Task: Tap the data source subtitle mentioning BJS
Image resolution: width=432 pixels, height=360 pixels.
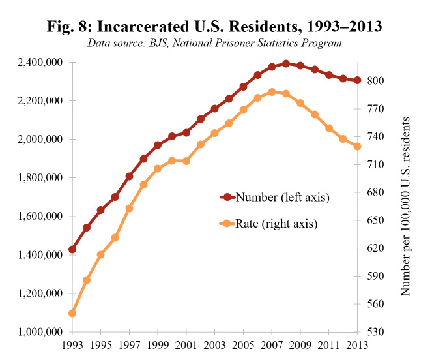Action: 215,44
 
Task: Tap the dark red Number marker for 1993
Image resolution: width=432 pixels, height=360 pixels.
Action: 72,249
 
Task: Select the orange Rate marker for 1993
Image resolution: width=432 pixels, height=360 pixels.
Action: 72,313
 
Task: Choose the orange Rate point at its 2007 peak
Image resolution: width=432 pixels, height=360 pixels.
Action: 272,92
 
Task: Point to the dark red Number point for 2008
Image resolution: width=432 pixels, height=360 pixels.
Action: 286,64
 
